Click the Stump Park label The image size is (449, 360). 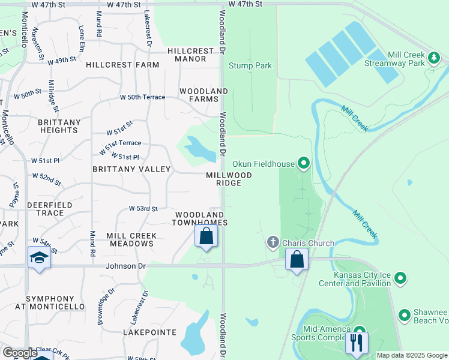[x=250, y=66]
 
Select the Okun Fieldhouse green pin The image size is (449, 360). [x=304, y=163]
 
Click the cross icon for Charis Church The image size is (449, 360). [x=273, y=242]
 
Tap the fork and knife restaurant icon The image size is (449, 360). [x=357, y=343]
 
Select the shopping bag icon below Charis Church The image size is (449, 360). [x=297, y=260]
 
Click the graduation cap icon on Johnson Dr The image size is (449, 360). [x=40, y=259]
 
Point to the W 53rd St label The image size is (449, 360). [x=143, y=209]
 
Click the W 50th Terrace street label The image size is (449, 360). [x=142, y=97]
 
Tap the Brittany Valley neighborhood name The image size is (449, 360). [x=131, y=170]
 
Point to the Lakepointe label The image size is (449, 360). [x=149, y=332]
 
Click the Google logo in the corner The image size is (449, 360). [x=20, y=353]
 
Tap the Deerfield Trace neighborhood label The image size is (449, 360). [x=37, y=209]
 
